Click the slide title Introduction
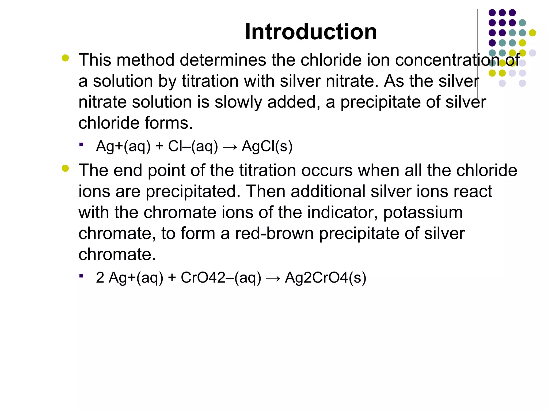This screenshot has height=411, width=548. pyautogui.click(x=311, y=32)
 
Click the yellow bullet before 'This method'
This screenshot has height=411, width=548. pyautogui.click(x=65, y=58)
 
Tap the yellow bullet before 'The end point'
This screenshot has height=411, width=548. pyautogui.click(x=65, y=168)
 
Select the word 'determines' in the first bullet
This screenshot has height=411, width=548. pyautogui.click(x=223, y=60)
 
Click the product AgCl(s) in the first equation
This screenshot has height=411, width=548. pyautogui.click(x=267, y=146)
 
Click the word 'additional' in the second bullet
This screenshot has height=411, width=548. pyautogui.click(x=328, y=192)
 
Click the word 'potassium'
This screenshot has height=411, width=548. pyautogui.click(x=423, y=212)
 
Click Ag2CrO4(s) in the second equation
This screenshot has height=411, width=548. pyautogui.click(x=325, y=277)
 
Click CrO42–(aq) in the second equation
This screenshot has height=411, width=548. pyautogui.click(x=221, y=277)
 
